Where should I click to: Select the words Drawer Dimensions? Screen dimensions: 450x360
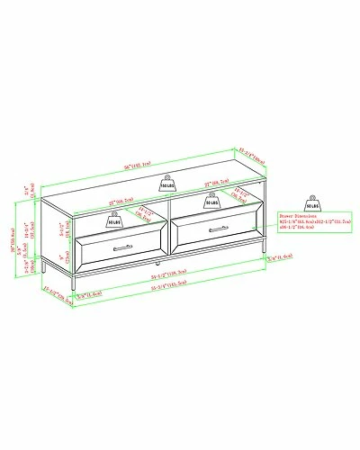tap(295, 217)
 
